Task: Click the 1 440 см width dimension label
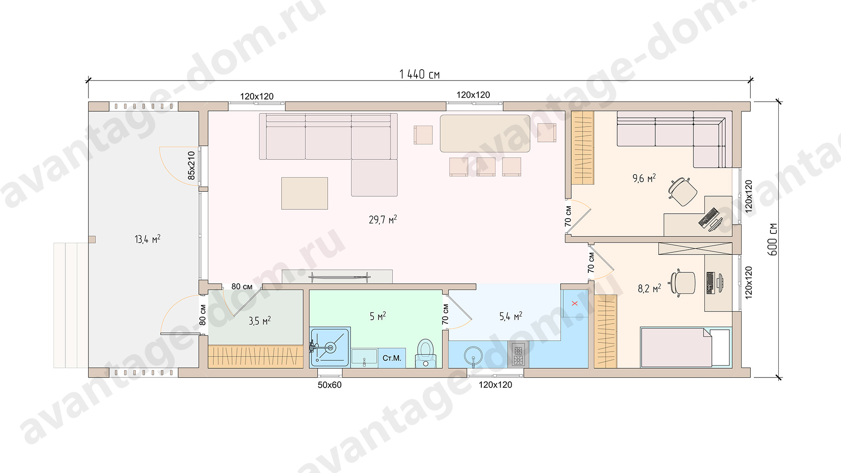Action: click(419, 74)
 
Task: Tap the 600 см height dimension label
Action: click(773, 239)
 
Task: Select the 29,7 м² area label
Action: click(383, 219)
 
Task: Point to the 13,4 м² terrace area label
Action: click(147, 239)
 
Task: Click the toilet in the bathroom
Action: click(425, 353)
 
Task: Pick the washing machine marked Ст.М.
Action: click(392, 358)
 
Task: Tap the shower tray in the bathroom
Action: click(330, 347)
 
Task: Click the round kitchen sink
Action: click(473, 356)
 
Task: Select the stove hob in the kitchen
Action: click(518, 354)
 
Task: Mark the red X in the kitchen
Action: click(575, 303)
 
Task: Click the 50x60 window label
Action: click(329, 385)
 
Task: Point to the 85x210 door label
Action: click(191, 165)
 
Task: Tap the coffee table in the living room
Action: click(304, 193)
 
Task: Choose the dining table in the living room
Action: click(485, 134)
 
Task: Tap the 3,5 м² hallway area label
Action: click(260, 321)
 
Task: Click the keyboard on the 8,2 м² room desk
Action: click(710, 283)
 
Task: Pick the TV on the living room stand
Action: click(339, 276)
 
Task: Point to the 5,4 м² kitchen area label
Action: click(511, 316)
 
